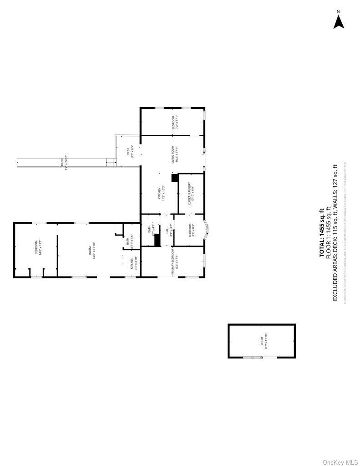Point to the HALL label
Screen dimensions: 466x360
click(x=171, y=230)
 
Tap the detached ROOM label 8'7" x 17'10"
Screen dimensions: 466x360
click(x=262, y=341)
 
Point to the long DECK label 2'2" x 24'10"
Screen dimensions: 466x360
click(x=64, y=163)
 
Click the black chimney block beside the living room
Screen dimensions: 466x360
click(x=174, y=178)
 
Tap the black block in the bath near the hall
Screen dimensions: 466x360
click(x=157, y=240)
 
